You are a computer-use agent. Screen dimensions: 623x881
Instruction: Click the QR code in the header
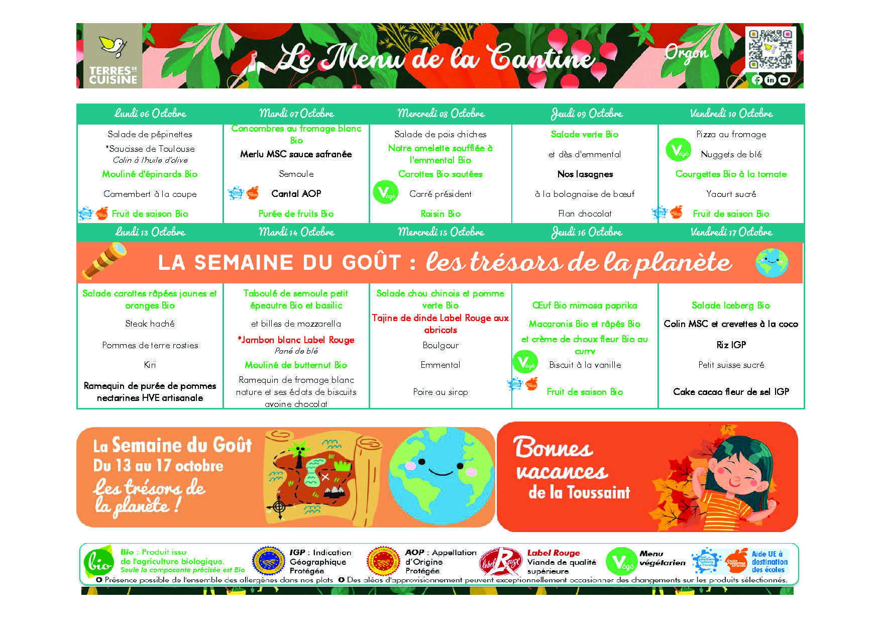[x=770, y=49]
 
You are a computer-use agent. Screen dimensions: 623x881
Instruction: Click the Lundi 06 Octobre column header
[x=150, y=114]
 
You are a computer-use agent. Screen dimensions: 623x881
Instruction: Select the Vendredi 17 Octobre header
[x=731, y=232]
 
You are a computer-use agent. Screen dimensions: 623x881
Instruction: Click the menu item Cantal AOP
[x=296, y=193]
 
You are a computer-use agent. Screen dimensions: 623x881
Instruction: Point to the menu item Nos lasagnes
[x=585, y=174]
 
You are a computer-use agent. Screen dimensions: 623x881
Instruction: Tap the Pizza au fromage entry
[x=731, y=134]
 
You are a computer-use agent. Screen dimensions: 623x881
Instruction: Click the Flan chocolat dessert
[x=585, y=214]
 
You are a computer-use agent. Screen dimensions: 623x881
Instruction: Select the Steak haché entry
[x=150, y=324]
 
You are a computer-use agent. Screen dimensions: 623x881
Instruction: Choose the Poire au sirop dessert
[x=440, y=392]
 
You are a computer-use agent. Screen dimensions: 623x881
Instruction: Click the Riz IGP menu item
[x=731, y=345]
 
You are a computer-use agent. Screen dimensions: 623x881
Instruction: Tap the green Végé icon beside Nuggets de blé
[x=678, y=150]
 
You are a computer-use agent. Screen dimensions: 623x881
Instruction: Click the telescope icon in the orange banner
[x=104, y=261]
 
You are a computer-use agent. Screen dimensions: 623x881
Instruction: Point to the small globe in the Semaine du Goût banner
[x=772, y=262]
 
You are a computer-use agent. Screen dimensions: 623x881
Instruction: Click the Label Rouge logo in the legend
[x=500, y=562]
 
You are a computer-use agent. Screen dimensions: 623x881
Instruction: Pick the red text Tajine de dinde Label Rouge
[x=440, y=324]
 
